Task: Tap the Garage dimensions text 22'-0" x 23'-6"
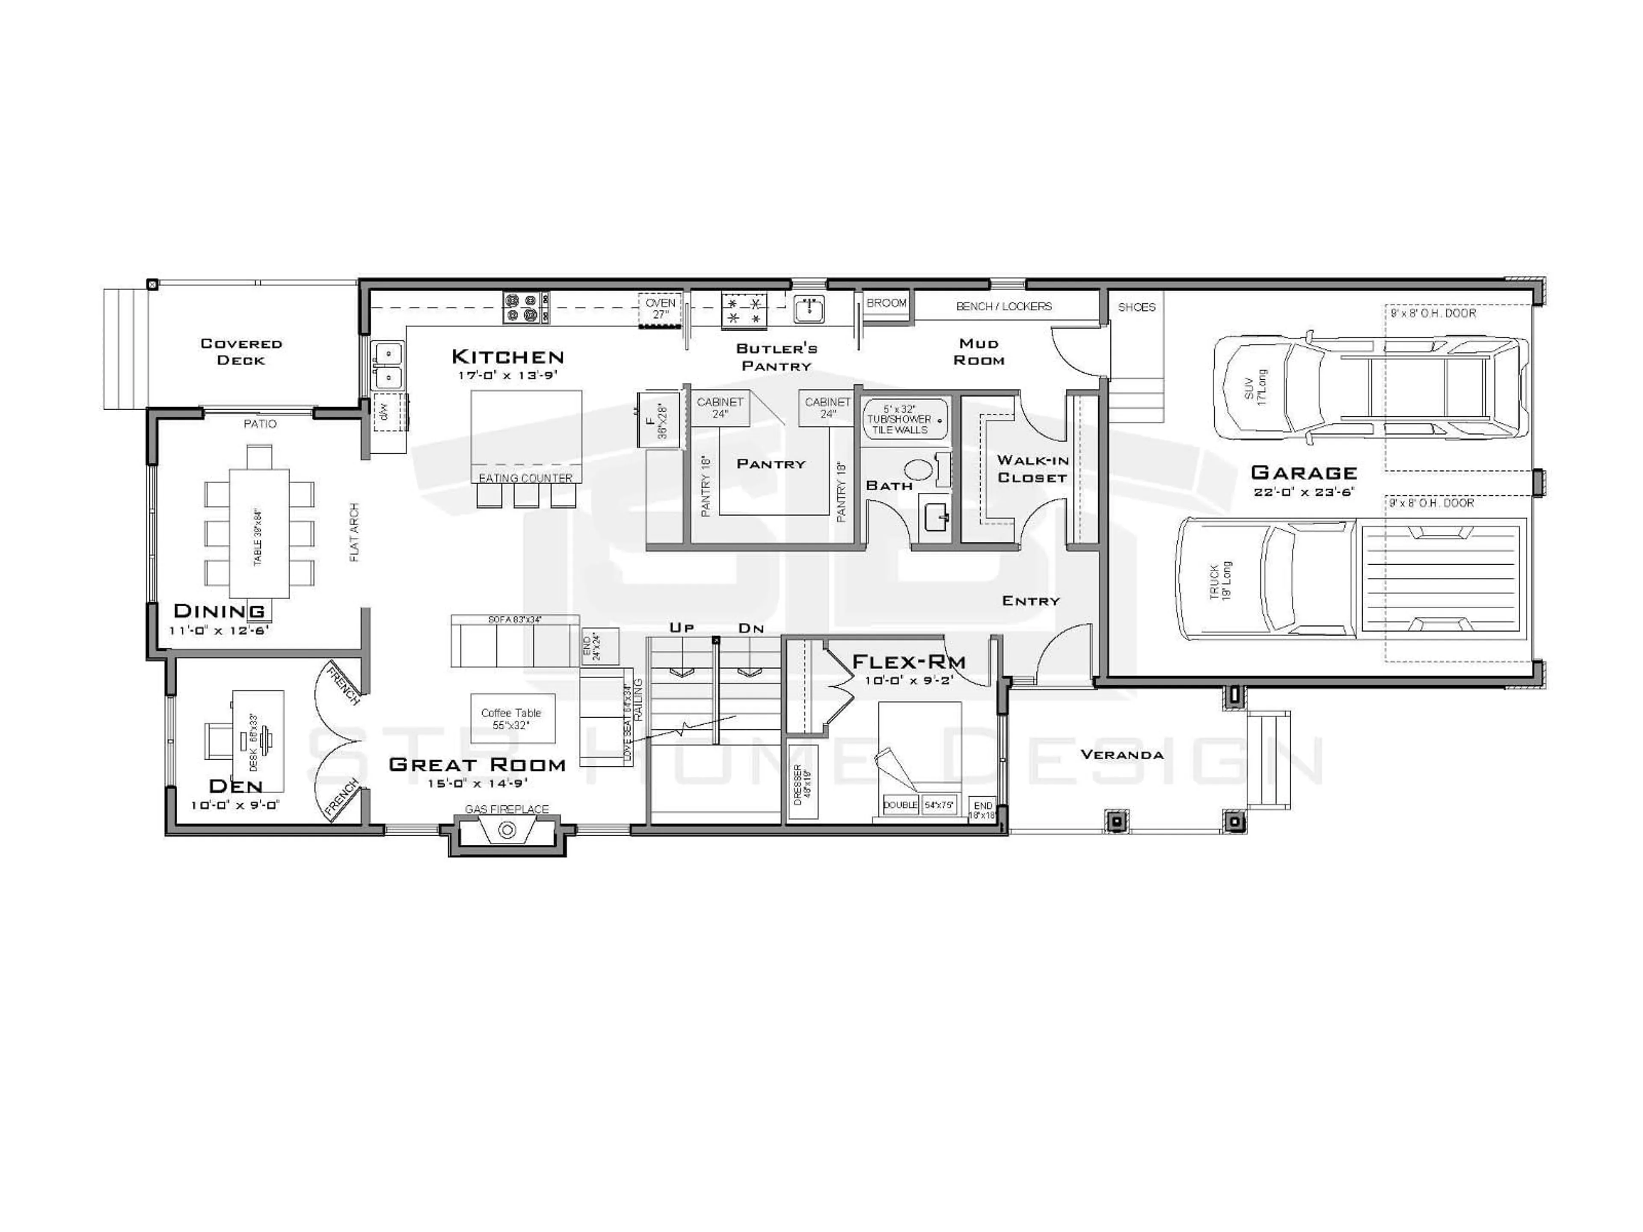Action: (1304, 492)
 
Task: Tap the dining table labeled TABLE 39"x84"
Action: (258, 533)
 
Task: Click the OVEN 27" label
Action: (660, 308)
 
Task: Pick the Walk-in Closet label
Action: (1032, 468)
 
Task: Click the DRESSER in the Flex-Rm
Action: (801, 781)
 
